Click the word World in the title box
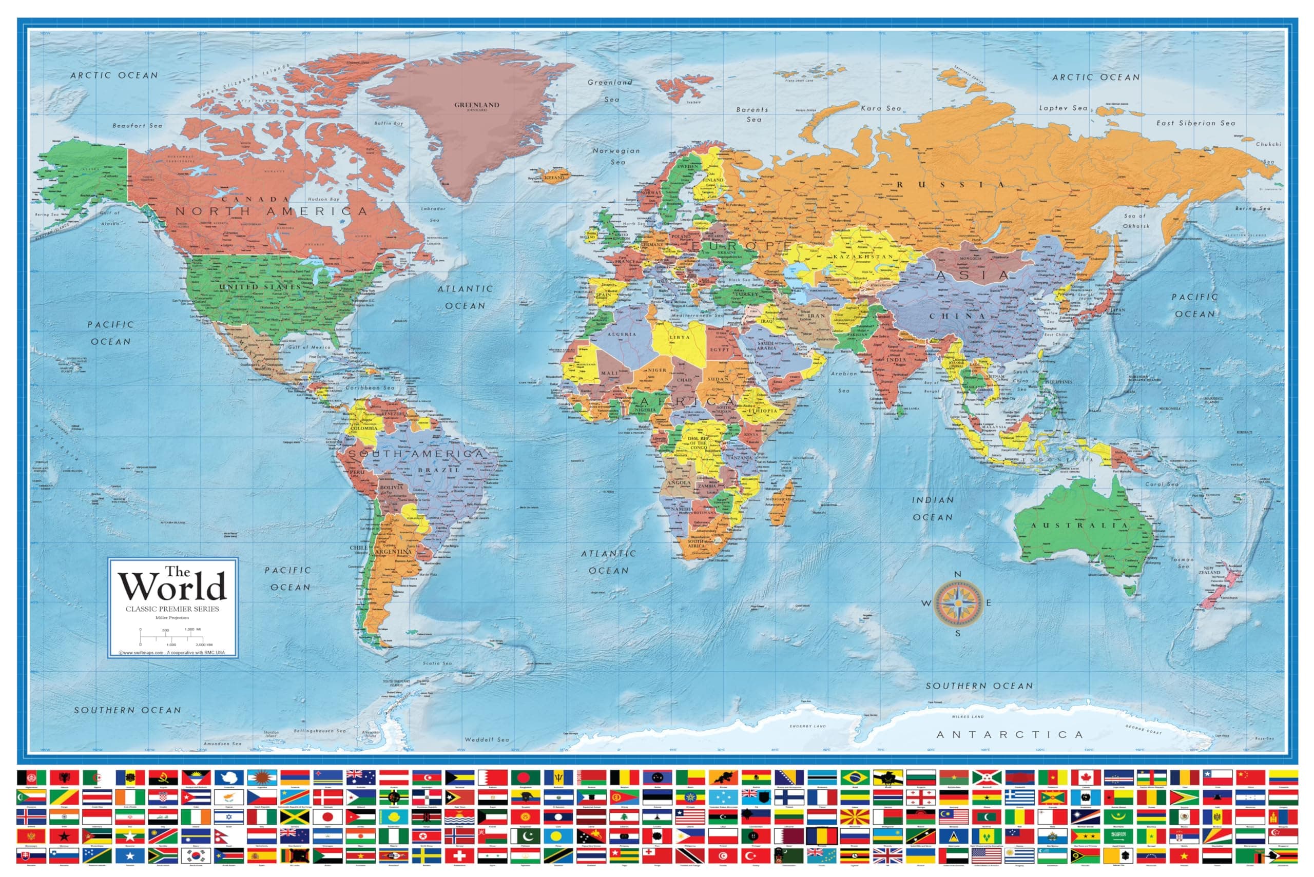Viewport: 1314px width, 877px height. tap(172, 587)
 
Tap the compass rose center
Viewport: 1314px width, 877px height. tap(958, 603)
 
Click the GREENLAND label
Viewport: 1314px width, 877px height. tap(477, 105)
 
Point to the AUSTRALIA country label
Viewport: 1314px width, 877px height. tap(1079, 525)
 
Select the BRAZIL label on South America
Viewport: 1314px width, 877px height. tap(439, 471)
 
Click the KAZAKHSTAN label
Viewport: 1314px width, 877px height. tap(864, 257)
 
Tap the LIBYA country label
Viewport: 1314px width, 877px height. tap(680, 338)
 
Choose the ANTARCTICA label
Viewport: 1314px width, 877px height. tap(1010, 734)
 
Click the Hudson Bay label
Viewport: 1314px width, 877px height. tap(323, 199)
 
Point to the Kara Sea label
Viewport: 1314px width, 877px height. tap(880, 108)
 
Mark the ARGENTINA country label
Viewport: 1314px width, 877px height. tap(393, 552)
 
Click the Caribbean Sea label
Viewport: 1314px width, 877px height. tap(370, 387)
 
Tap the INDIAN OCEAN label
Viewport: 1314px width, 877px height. tap(933, 509)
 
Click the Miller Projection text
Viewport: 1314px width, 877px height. tap(172, 617)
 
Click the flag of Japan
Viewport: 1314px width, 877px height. tap(327, 817)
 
